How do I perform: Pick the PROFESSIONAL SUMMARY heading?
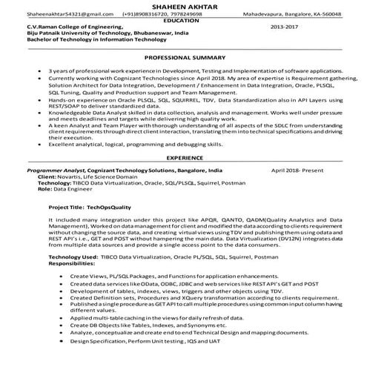tap(184, 57)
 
